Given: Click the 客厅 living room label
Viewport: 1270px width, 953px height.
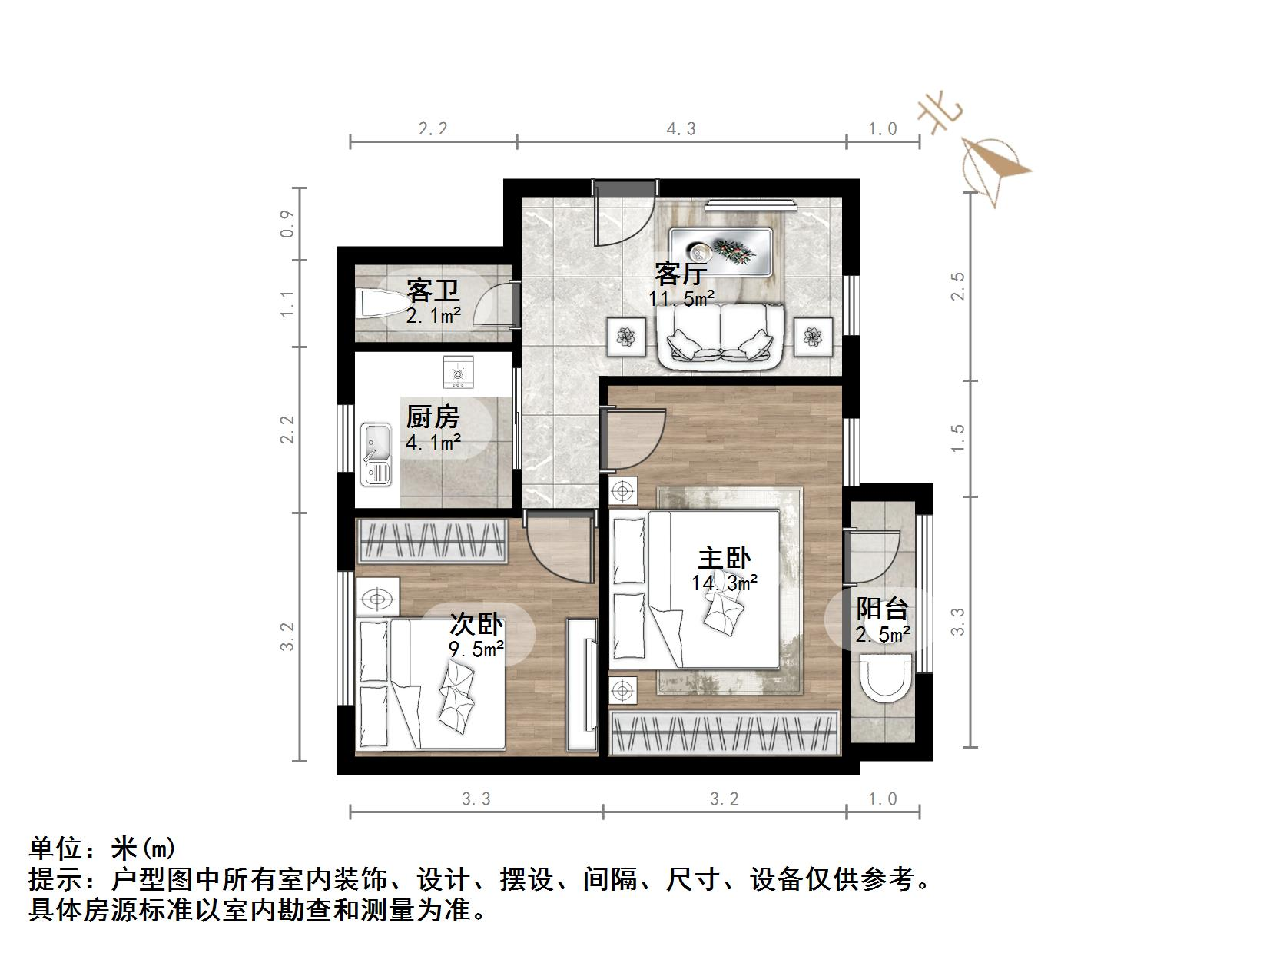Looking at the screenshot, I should (x=681, y=273).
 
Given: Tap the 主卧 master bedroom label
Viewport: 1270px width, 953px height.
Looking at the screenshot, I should (x=724, y=558).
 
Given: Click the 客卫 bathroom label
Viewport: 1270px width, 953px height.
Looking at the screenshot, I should (x=433, y=291).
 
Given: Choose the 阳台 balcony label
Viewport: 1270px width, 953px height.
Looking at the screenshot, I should (x=883, y=609).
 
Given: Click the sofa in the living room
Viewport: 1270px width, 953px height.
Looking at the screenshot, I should (x=720, y=334).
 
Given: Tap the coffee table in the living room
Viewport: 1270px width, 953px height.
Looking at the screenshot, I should (x=721, y=251).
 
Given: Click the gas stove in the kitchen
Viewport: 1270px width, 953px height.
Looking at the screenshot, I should (x=459, y=373).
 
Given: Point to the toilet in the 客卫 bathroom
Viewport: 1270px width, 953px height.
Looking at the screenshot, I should (x=376, y=304).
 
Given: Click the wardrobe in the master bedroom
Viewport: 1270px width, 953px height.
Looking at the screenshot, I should (x=724, y=732).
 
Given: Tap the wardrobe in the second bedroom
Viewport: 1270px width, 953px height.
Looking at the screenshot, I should (x=433, y=541).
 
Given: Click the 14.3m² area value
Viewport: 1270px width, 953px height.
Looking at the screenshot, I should (x=725, y=583).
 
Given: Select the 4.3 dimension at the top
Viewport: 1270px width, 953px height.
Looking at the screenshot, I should (x=681, y=129).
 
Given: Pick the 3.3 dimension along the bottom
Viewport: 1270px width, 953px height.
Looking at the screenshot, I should (x=476, y=799).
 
